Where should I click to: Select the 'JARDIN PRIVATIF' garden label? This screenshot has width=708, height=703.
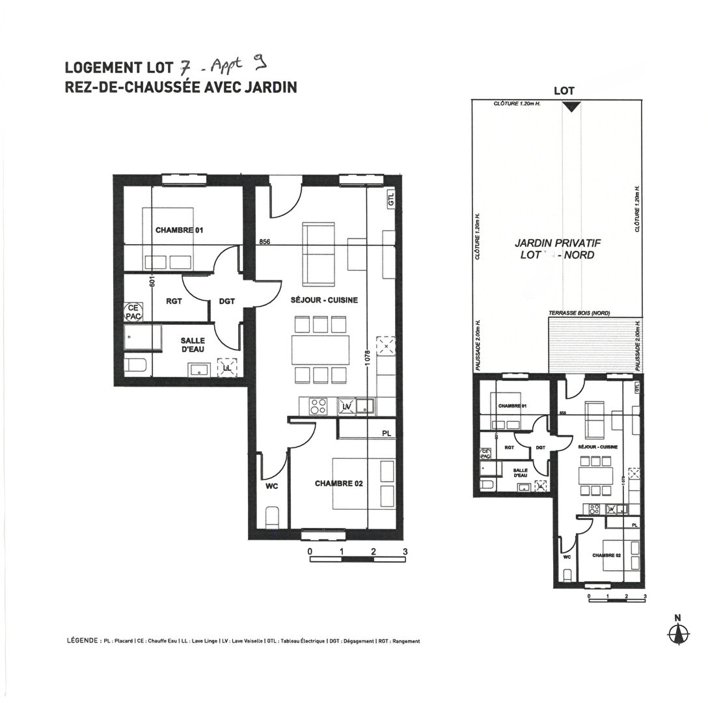point(557,242)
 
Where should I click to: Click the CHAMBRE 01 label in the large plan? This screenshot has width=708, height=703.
point(180,230)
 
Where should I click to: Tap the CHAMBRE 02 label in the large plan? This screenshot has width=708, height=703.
point(338,484)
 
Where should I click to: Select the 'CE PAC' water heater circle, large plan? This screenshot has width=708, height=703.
point(133,312)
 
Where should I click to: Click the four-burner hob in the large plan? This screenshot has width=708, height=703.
point(318,406)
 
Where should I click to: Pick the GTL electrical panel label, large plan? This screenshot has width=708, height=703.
point(390,200)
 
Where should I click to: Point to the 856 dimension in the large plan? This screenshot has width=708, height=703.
point(264,241)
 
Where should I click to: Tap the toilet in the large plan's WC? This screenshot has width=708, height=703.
point(273,518)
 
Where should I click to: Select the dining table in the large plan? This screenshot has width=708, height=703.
point(320,350)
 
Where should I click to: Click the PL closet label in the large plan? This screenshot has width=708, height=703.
point(387,433)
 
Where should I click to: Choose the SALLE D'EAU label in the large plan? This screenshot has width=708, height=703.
point(193,345)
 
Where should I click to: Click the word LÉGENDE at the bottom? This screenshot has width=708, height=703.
point(83,641)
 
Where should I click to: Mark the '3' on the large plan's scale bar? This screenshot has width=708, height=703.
point(405,551)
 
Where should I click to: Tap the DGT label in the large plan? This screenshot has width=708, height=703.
point(226,301)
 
